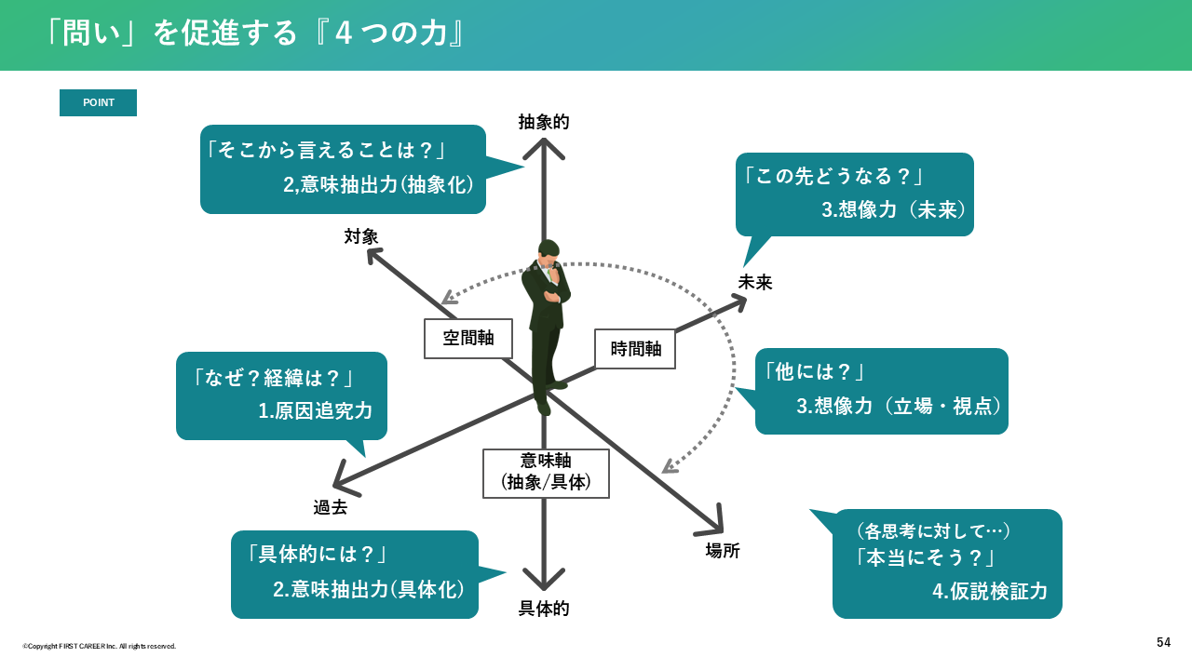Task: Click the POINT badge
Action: point(98,102)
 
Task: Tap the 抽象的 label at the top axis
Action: point(544,122)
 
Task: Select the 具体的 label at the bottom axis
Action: point(544,609)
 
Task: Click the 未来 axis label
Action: point(755,282)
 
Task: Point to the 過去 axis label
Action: point(330,507)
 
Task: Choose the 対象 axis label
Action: point(361,236)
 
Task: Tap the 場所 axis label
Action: point(723,550)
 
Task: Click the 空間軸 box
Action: point(468,339)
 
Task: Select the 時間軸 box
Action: point(635,349)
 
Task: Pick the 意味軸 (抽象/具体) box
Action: point(546,473)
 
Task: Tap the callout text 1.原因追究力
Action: point(315,410)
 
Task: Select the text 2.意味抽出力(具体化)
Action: point(369,589)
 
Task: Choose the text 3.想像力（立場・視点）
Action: point(900,406)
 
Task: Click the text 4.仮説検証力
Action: point(990,591)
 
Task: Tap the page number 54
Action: point(1164,642)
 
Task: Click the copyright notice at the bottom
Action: point(100,646)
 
